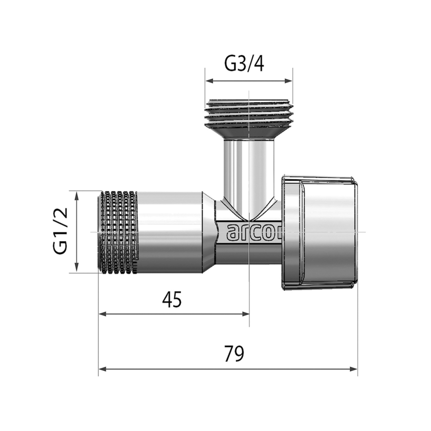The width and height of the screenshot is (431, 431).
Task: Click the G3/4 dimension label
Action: [248, 65]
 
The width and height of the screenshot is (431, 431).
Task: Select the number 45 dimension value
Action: [172, 300]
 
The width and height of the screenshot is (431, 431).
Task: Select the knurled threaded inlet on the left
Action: [119, 232]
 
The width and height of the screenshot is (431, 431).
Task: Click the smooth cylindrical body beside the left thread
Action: [171, 232]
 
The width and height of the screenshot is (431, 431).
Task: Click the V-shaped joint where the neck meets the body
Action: [248, 211]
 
